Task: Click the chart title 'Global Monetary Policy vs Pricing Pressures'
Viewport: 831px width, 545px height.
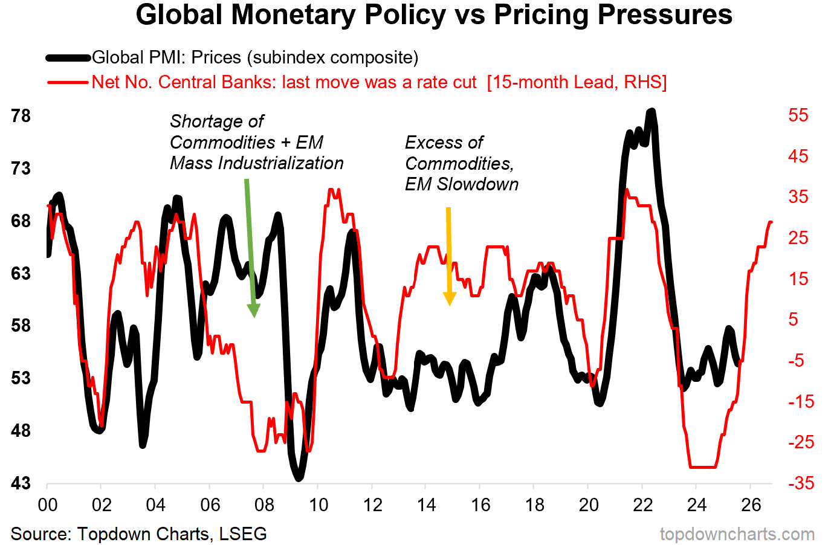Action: coord(433,15)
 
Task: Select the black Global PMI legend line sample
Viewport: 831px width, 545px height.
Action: coord(68,58)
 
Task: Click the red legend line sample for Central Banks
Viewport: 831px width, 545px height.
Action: coord(68,82)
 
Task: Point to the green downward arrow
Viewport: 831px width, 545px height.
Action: coord(251,248)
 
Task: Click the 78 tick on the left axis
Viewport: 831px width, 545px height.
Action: coord(21,115)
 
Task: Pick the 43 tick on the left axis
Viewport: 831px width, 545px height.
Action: coord(21,483)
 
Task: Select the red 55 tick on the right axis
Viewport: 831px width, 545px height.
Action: coord(798,115)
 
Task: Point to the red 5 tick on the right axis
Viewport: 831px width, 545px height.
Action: coord(794,320)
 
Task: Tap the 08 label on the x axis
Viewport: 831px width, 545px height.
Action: coord(264,505)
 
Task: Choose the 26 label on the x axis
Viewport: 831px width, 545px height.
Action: coord(751,505)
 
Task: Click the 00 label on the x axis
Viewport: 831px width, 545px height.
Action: coord(48,505)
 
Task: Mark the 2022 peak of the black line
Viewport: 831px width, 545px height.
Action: coord(651,112)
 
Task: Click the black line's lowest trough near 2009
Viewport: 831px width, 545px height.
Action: coord(299,477)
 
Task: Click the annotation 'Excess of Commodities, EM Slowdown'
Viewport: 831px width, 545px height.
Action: coord(461,163)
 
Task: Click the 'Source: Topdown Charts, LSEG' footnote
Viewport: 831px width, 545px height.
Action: coord(138,534)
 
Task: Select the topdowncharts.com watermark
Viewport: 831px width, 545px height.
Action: coord(737,534)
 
